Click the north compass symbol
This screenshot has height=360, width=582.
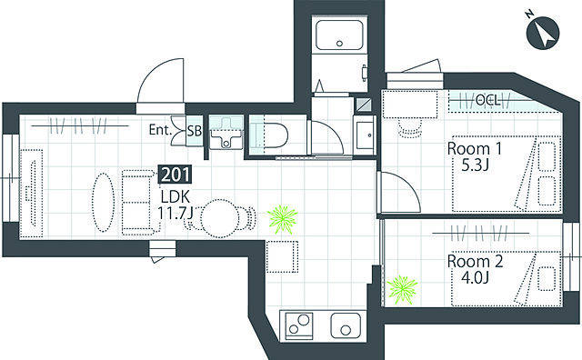(542, 35)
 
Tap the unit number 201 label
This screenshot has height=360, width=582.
(176, 175)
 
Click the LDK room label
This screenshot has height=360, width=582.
(176, 196)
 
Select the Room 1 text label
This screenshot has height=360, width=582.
(475, 149)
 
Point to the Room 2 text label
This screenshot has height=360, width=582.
(475, 261)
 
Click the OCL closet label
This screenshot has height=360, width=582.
(487, 100)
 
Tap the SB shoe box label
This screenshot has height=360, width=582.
(195, 131)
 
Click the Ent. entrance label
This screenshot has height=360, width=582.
(160, 130)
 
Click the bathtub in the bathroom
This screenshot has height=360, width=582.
(339, 35)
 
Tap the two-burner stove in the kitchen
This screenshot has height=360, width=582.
(299, 325)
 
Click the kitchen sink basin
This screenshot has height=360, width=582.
(346, 325)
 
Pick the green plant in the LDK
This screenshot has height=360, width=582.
(283, 219)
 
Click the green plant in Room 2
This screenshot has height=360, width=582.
(402, 290)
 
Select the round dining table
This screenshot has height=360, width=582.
(220, 218)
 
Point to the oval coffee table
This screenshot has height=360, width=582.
(103, 202)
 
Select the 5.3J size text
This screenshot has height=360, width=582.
(475, 165)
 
